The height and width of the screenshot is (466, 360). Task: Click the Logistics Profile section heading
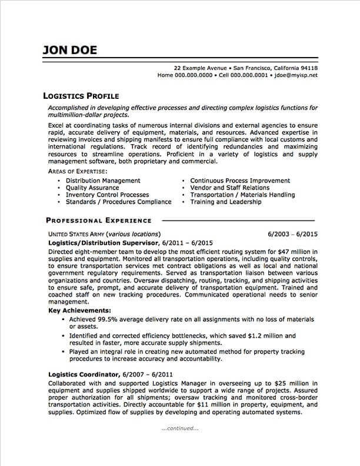pyautogui.click(x=82, y=95)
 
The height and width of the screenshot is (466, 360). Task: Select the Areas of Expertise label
pyautogui.click(x=72, y=171)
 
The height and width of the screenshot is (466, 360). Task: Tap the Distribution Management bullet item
pyautogui.click(x=103, y=180)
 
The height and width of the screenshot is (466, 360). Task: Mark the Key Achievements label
pyautogui.click(x=79, y=310)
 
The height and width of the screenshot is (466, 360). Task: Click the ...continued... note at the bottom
pyautogui.click(x=179, y=428)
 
